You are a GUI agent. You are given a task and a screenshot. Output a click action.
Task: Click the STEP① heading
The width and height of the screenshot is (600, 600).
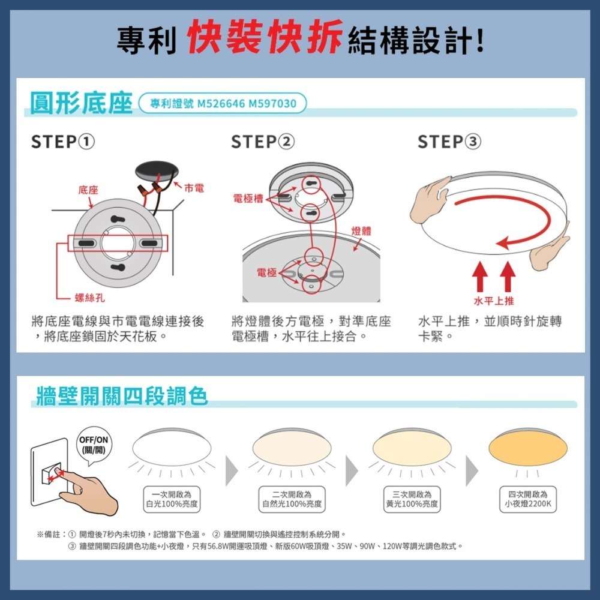[63, 142]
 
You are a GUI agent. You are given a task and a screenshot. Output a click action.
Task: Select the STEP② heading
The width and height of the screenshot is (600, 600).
[263, 142]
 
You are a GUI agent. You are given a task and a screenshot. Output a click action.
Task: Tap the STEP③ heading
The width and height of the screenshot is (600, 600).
[449, 142]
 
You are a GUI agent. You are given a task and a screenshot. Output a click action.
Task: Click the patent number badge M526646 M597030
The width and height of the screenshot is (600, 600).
[223, 104]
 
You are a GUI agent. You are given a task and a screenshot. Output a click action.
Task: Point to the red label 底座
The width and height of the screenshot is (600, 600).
[88, 190]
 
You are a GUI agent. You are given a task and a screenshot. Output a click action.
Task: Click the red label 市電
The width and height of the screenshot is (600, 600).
[194, 188]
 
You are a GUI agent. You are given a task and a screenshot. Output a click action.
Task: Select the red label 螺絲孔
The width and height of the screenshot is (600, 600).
[90, 298]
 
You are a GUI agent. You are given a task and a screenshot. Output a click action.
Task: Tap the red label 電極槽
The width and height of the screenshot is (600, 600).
[248, 198]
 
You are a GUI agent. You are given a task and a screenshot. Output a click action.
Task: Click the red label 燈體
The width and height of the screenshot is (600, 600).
[361, 231]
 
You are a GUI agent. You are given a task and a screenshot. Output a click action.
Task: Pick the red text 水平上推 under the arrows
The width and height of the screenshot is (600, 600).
[494, 301]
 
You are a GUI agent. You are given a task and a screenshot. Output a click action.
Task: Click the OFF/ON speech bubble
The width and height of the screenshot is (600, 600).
[94, 445]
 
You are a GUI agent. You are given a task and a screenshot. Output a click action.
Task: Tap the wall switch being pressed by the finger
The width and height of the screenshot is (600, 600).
[51, 474]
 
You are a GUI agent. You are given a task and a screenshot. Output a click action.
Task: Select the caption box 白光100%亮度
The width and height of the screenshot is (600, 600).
[172, 499]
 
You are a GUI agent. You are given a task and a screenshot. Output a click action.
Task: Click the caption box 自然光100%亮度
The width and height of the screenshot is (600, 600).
[292, 499]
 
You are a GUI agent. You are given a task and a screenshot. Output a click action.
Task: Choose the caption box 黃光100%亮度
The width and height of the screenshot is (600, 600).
[412, 499]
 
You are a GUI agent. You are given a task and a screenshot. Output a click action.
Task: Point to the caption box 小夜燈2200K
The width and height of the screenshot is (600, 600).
[528, 499]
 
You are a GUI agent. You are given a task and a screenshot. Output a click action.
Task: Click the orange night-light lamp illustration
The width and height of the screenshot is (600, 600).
[528, 446]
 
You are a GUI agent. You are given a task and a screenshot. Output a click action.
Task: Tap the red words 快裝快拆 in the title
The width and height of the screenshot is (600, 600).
[265, 37]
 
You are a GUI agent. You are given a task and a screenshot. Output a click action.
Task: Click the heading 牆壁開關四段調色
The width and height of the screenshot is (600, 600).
[122, 396]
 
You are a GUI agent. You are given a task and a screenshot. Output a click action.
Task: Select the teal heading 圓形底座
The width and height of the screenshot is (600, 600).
[81, 103]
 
